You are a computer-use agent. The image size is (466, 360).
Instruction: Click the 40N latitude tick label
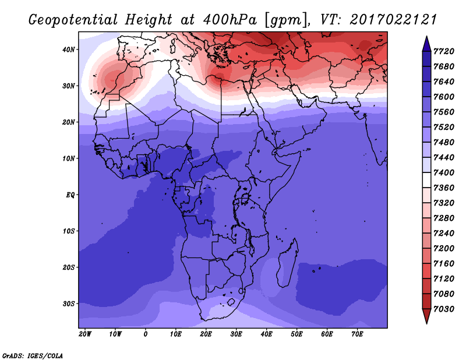tap(69, 50)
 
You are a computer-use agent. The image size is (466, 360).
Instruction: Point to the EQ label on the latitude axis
tap(70, 195)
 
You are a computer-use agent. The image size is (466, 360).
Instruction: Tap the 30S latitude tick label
tap(69, 304)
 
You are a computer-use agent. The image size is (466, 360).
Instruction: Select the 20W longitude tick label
tap(85, 334)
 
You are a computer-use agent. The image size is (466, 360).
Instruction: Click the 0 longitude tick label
tap(145, 334)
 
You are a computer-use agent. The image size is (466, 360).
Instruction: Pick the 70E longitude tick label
tap(357, 334)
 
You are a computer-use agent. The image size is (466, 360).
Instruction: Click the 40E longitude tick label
tap(267, 334)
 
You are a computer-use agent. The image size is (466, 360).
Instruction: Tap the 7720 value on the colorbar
tap(443, 51)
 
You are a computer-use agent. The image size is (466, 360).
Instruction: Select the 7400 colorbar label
tap(443, 172)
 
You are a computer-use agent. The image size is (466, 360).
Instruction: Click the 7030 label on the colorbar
tap(443, 309)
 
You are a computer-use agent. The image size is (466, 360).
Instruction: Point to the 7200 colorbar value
tap(443, 249)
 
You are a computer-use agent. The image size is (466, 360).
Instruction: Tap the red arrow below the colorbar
tap(426, 316)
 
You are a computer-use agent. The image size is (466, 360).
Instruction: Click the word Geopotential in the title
tap(73, 20)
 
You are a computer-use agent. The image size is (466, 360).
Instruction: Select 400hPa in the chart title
tap(229, 20)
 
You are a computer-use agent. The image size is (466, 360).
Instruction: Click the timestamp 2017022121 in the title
tap(393, 20)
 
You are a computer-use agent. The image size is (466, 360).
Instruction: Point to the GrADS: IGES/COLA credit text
tap(33, 356)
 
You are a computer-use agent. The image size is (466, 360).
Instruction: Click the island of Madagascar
tap(288, 263)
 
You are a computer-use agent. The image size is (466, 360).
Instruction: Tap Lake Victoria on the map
tap(245, 198)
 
